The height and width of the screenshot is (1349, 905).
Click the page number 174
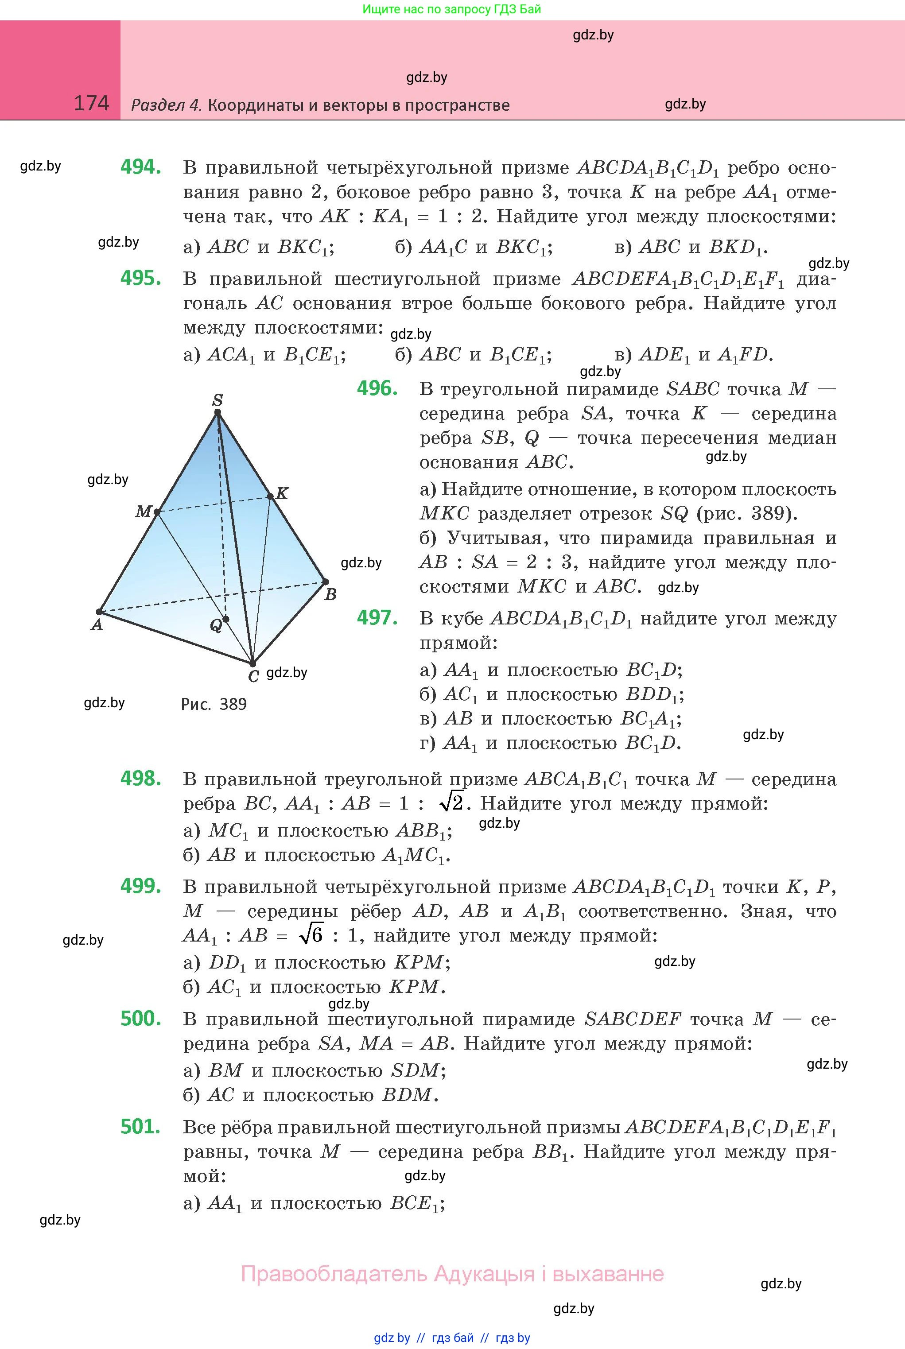[x=91, y=103]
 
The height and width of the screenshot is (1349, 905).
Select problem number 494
[x=140, y=167]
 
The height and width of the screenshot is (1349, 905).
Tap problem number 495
[x=140, y=278]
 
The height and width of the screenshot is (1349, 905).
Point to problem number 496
[x=377, y=388]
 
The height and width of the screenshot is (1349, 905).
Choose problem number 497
[x=377, y=618]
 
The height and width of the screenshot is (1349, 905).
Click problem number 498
[x=140, y=779]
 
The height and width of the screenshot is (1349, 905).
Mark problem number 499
[x=140, y=886]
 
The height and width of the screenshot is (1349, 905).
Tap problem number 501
[x=140, y=1126]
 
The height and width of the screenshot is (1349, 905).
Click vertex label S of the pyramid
[x=218, y=399]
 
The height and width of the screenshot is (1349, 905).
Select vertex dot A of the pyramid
[x=99, y=612]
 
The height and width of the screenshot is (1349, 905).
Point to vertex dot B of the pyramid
[x=325, y=581]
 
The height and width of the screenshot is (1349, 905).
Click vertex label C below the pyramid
[x=253, y=676]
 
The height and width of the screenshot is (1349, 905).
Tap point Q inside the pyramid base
[x=225, y=619]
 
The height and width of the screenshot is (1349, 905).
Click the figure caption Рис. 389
[x=214, y=704]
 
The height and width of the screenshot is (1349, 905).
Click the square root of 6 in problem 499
[x=312, y=935]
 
